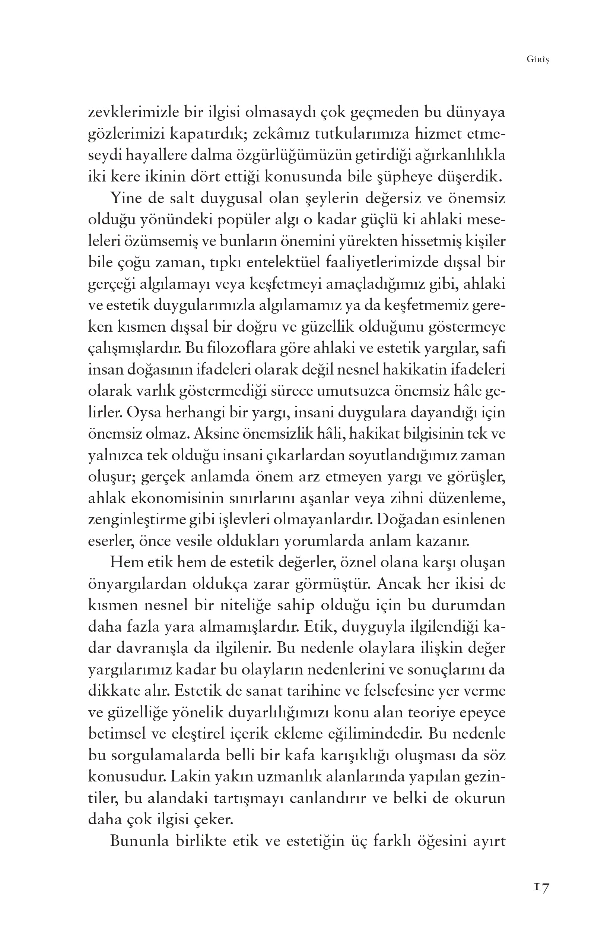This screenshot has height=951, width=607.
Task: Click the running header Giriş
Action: click(537, 60)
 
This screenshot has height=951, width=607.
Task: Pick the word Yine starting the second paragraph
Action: click(125, 198)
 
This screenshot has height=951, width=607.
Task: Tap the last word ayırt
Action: click(489, 841)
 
